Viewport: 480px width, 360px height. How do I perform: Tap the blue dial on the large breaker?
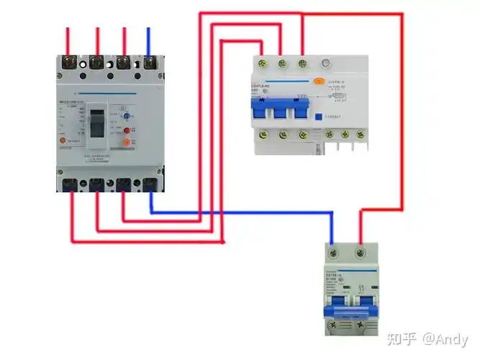click(x=126, y=115)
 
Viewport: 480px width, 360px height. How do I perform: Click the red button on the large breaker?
click(x=127, y=130)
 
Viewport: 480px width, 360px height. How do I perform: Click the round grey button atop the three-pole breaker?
click(x=327, y=63)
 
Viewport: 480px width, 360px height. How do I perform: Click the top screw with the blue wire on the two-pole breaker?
click(x=332, y=253)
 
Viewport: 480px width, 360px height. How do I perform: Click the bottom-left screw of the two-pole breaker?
click(x=333, y=326)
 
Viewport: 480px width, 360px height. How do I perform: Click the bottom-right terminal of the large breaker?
click(x=150, y=184)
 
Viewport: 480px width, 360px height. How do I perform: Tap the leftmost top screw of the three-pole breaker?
click(x=261, y=64)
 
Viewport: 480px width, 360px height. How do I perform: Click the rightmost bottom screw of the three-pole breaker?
click(x=358, y=133)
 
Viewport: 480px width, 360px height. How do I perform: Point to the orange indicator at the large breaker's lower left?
click(x=62, y=140)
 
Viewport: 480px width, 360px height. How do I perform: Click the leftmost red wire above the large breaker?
click(x=68, y=40)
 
